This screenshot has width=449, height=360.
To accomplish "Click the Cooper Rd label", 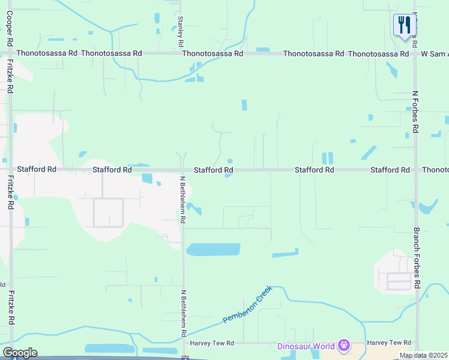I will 10,29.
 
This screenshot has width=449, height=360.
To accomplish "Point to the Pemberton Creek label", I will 247,304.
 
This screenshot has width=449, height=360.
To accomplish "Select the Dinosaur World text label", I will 306,346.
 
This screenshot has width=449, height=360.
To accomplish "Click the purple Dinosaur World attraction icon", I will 343,345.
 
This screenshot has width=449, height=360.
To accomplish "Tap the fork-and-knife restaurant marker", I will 405,25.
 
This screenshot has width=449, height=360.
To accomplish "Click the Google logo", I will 20,353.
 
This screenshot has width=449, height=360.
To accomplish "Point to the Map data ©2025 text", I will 423,355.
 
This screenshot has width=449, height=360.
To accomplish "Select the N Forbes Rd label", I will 415,113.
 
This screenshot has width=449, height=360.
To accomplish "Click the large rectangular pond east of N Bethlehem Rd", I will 213,250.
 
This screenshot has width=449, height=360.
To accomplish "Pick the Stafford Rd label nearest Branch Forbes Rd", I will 390,170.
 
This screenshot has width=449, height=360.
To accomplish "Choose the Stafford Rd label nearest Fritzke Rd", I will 37,170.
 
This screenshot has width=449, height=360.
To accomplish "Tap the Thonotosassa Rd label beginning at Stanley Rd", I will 212,53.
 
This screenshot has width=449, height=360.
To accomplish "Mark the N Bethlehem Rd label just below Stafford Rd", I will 182,199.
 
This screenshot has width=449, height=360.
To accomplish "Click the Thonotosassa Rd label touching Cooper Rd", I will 47,53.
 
